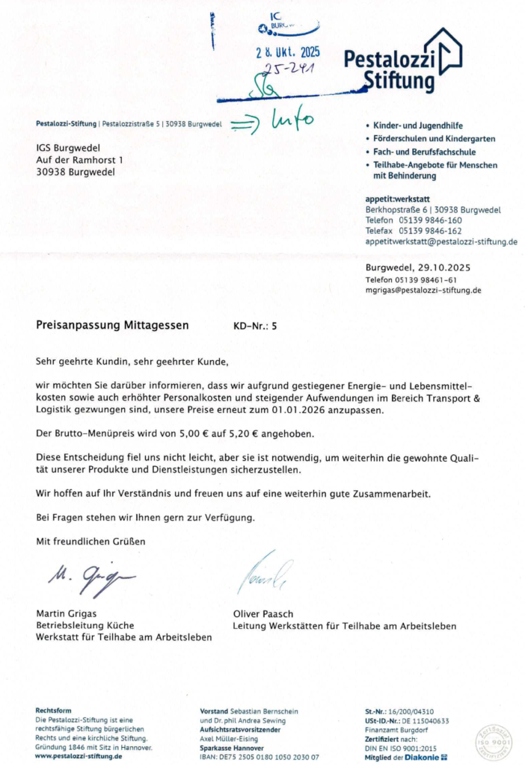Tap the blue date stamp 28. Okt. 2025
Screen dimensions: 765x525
click(x=288, y=52)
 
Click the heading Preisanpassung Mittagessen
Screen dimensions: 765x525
click(x=112, y=325)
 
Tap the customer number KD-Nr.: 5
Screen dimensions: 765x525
click(x=256, y=326)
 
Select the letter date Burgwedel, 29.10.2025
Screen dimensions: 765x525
click(x=418, y=267)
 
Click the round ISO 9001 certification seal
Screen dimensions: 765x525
click(x=494, y=743)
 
